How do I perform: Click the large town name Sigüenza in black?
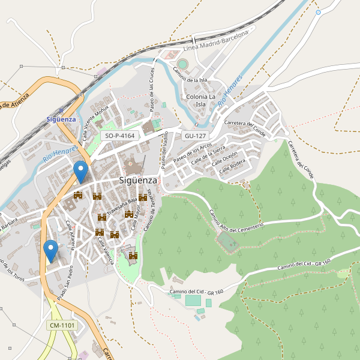tap(138, 180)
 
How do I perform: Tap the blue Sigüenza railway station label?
tap(61, 119)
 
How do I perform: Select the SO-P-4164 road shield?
tap(120, 136)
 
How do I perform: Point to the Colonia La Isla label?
tap(201, 100)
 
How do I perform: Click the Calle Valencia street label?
tap(106, 248)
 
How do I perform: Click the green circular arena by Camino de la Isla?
tap(182, 64)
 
